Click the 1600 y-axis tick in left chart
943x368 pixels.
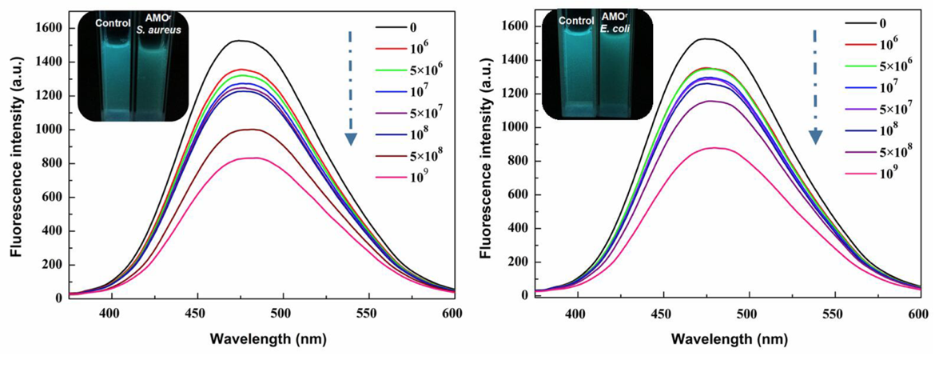pos(47,28)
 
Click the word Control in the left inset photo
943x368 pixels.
pos(113,22)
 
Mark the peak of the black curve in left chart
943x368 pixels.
pos(380,40)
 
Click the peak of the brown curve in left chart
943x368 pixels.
pos(385,129)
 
